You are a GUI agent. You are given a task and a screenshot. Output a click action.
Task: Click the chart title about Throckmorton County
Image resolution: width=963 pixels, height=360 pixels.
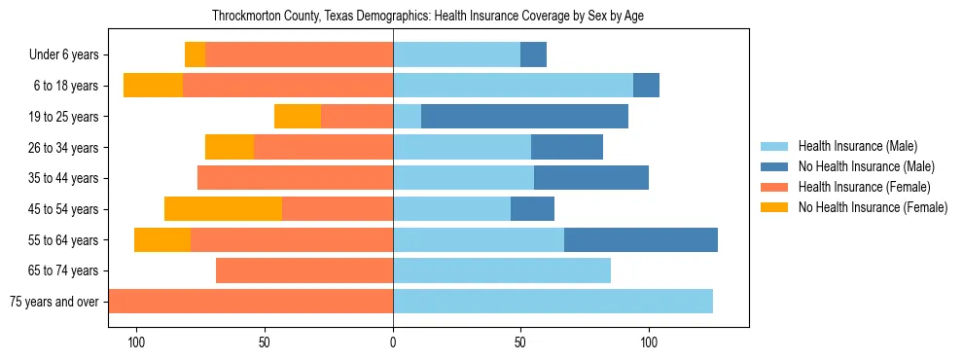(x=428, y=16)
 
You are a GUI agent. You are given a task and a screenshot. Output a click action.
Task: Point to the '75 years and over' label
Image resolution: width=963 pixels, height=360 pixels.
(x=54, y=302)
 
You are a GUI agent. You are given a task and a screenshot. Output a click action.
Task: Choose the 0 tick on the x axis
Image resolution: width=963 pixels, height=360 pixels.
(x=393, y=342)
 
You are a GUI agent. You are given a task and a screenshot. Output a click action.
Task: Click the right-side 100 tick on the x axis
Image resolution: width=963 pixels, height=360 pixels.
(x=649, y=342)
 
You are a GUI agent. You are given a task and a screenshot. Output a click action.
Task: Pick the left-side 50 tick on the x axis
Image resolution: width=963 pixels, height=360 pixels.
(x=265, y=342)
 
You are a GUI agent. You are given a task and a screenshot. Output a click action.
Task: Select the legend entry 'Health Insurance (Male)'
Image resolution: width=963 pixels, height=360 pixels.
(x=857, y=147)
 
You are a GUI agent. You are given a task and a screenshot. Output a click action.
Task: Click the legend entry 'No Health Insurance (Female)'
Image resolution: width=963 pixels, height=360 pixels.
(x=873, y=207)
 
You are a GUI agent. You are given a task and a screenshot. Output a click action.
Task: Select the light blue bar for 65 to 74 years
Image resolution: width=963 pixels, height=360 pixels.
(x=502, y=270)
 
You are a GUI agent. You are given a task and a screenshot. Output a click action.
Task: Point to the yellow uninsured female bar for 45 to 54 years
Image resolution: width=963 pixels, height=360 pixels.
(x=223, y=209)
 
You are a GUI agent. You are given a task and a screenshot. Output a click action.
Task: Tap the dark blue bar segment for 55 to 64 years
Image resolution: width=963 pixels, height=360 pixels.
(x=641, y=240)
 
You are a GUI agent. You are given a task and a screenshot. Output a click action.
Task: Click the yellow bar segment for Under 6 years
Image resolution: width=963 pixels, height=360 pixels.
(x=195, y=55)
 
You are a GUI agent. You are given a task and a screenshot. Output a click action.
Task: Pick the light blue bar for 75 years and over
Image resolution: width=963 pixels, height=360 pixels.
(x=553, y=302)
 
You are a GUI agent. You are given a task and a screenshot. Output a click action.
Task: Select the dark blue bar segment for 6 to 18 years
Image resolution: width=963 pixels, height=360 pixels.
(x=646, y=86)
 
